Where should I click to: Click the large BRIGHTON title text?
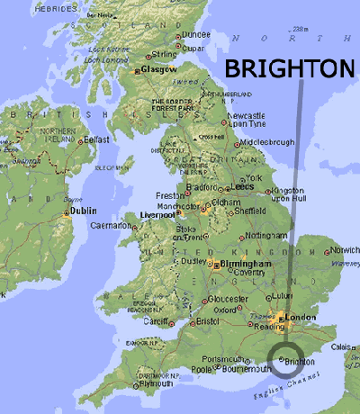click(290, 69)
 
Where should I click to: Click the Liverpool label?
click(157, 215)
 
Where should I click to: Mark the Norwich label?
click(345, 249)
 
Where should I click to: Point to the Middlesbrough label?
click(265, 142)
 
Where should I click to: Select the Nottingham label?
click(265, 234)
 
